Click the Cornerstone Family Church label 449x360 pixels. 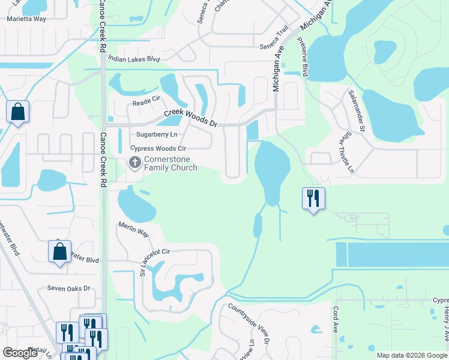point(171,163)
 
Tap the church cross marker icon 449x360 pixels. point(135,163)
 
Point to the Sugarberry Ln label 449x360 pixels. point(157,135)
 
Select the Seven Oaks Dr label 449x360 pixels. point(68,289)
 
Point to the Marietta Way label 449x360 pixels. point(26,19)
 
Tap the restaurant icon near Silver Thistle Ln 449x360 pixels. point(313,198)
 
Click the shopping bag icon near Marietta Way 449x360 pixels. point(18,112)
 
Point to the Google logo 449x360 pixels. point(20,353)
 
